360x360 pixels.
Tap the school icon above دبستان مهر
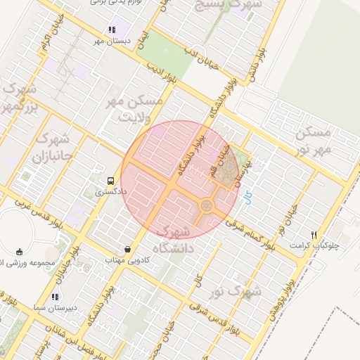coord(111,30)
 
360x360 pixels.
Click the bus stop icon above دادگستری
coord(110,180)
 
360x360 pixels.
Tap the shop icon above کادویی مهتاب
coord(127,249)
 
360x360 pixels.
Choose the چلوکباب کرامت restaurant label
coord(315,246)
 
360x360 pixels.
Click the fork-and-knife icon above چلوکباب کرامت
coord(314,235)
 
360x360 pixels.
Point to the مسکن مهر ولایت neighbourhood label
coord(134,110)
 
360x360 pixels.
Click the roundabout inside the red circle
coord(207,206)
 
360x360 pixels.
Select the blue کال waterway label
coord(246,200)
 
